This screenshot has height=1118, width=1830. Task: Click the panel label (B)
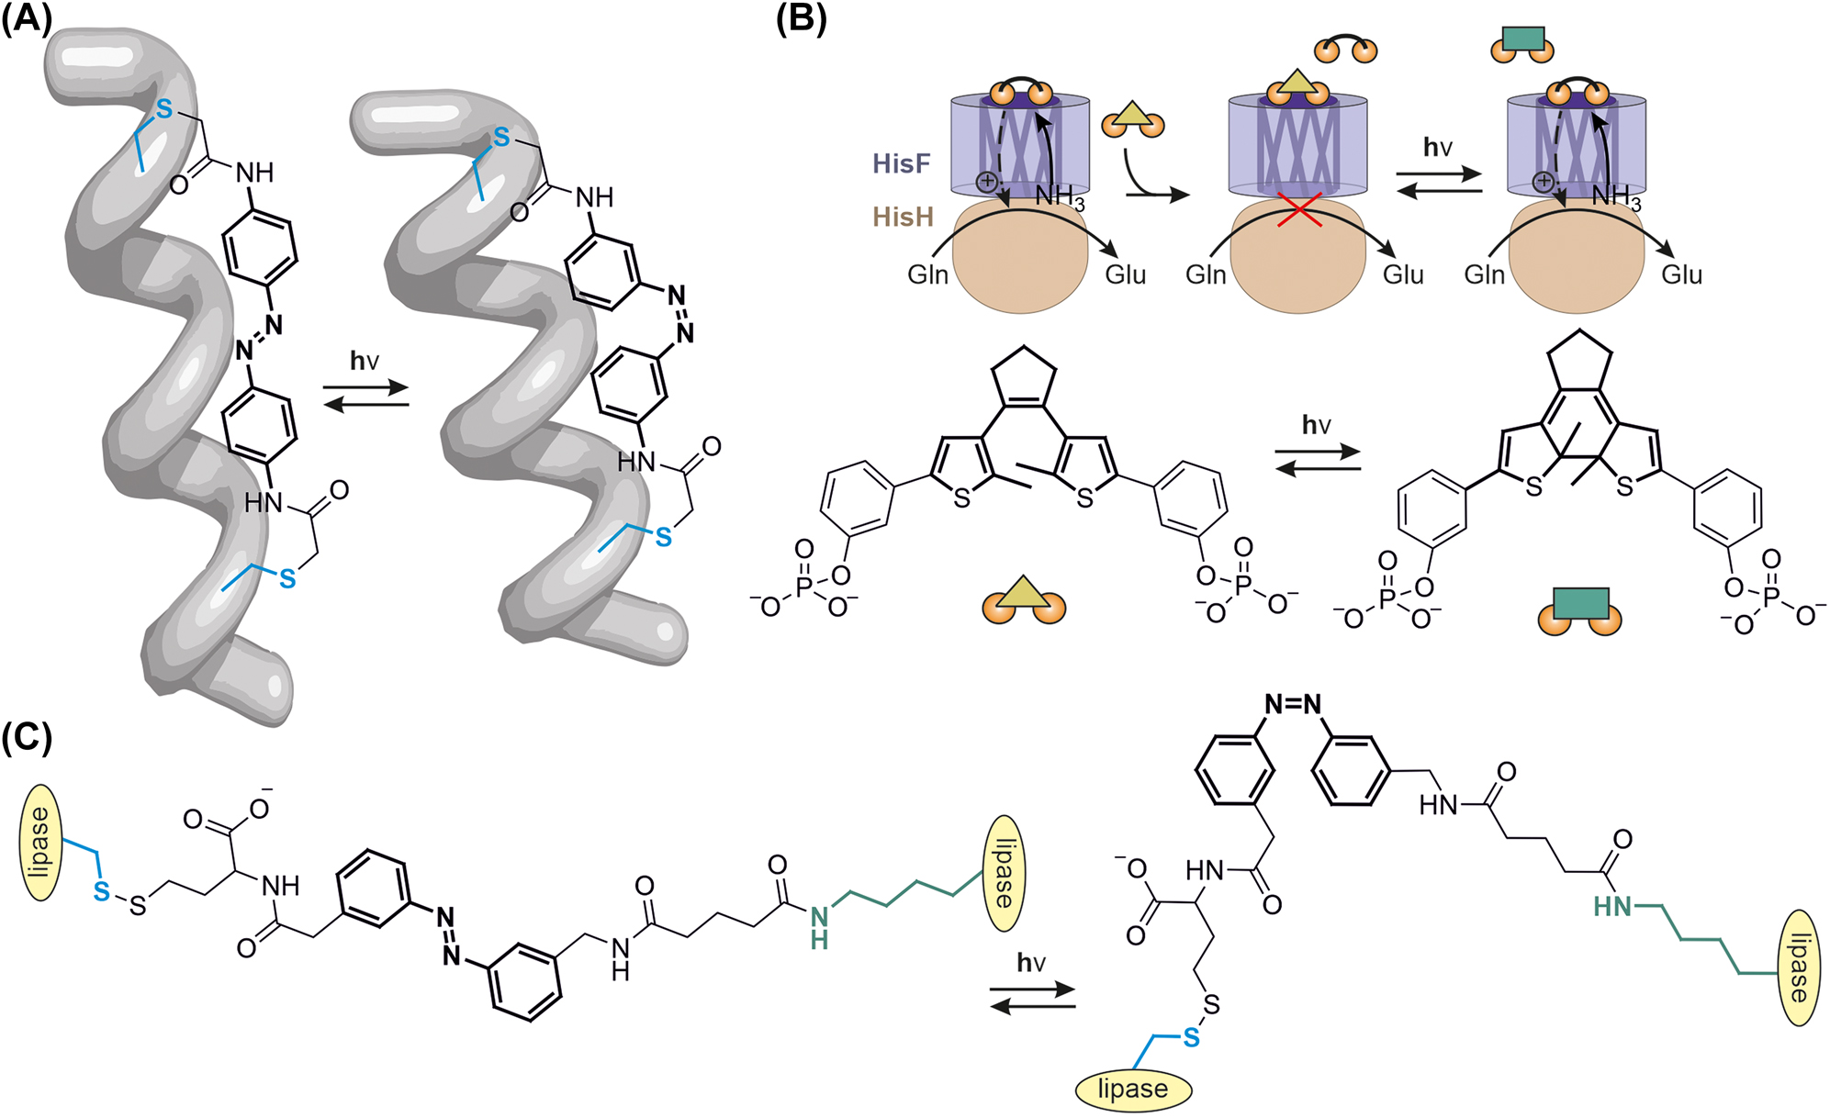pos(801,18)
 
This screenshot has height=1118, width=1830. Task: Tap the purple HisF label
pos(901,164)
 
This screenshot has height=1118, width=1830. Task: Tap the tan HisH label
pos(903,218)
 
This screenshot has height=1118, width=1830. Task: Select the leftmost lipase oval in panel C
pos(40,843)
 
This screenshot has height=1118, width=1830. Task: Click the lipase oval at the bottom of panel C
pos(1132,1089)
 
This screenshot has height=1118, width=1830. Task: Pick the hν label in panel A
pos(365,361)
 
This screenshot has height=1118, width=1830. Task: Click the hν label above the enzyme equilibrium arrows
pos(1437,147)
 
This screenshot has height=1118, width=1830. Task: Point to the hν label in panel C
pos(1031,962)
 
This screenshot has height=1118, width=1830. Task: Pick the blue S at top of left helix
pos(164,109)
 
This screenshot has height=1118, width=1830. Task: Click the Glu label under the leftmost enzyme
pos(1125,274)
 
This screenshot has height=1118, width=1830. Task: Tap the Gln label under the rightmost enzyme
pos(1484,274)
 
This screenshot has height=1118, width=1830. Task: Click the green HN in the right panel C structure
pos(1613,907)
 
